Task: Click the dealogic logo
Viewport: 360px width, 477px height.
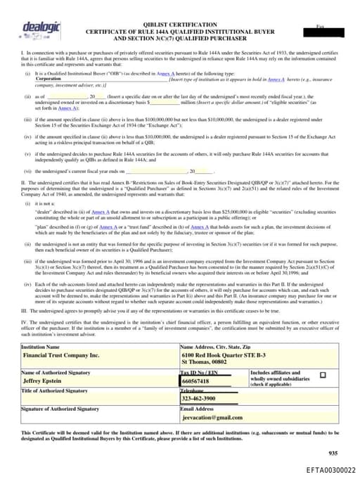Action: click(x=41, y=29)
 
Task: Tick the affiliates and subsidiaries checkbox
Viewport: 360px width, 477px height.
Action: click(x=323, y=375)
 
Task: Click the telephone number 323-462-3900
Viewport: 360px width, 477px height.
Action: click(x=199, y=398)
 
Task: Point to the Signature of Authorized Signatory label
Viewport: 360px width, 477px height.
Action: click(x=60, y=408)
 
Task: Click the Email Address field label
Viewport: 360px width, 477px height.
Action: click(x=197, y=408)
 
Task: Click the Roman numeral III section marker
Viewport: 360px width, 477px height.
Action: click(x=25, y=309)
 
